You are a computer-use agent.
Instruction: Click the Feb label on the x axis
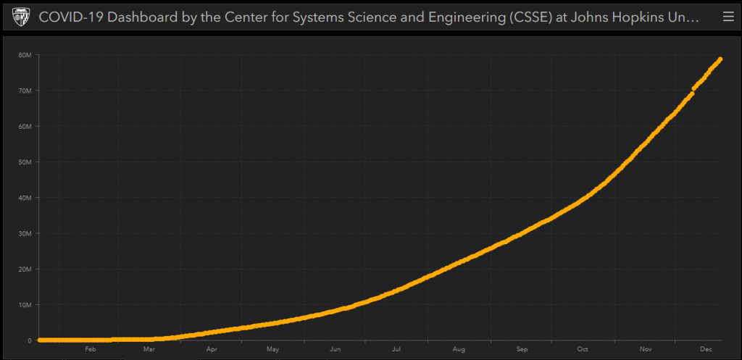(x=91, y=349)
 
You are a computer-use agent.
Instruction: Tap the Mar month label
(x=149, y=349)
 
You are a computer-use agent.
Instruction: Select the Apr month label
(x=212, y=349)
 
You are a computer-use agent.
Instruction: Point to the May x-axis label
(x=272, y=349)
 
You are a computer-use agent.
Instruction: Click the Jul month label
(x=396, y=349)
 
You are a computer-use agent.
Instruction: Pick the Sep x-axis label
(x=522, y=349)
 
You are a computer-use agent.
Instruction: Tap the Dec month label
(x=706, y=349)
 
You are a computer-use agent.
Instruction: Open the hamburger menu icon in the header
(x=728, y=17)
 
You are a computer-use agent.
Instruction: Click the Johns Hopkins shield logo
(x=21, y=17)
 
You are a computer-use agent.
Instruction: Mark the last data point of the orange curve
(x=720, y=59)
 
